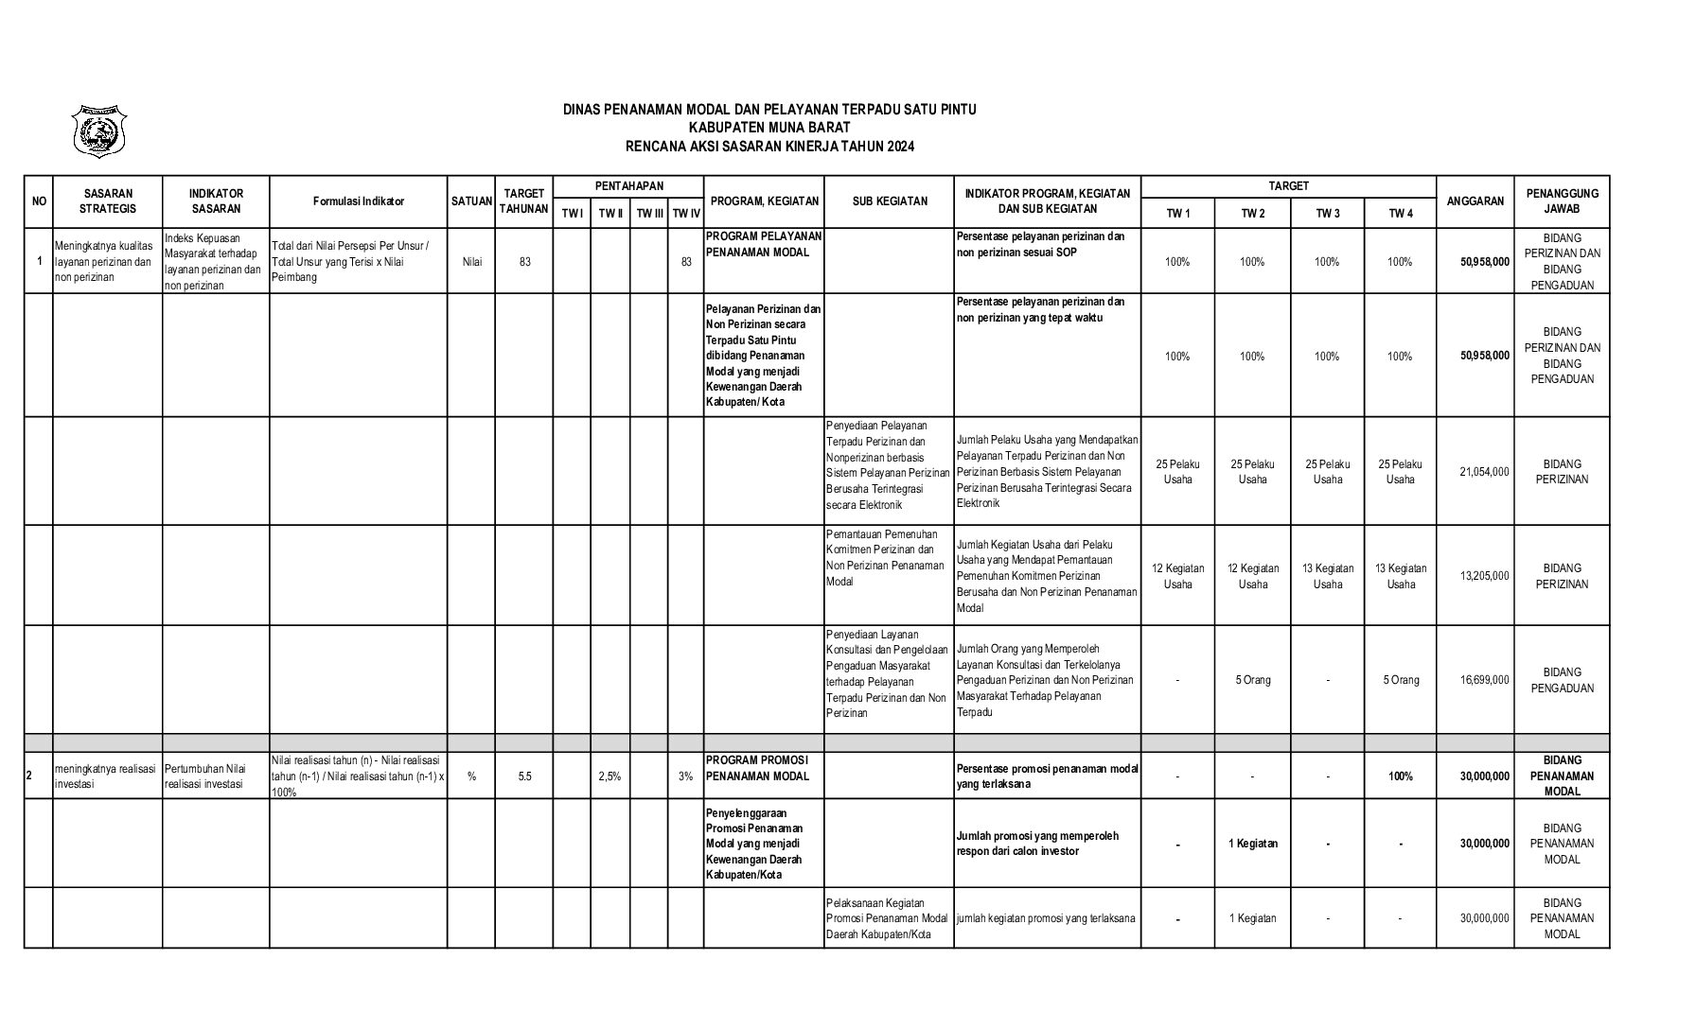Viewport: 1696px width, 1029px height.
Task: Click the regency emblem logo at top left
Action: pos(99,131)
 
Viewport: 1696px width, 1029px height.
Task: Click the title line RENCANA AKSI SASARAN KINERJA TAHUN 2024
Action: pos(769,147)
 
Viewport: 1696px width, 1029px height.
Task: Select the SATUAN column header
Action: pos(471,201)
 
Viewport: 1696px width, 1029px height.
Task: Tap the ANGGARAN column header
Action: pos(1475,201)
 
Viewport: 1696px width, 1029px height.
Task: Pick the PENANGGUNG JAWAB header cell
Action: pos(1562,201)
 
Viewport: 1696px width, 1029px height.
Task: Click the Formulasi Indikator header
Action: pos(358,201)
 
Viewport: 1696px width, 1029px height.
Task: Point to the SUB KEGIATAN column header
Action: pos(889,201)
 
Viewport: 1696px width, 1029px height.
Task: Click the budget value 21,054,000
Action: pos(1484,472)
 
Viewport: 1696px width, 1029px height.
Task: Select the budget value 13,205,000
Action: pos(1484,576)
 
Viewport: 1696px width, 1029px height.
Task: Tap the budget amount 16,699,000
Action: pos(1484,680)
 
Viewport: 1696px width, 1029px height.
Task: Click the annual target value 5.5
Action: pos(524,776)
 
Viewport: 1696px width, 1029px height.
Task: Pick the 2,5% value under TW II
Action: pos(609,776)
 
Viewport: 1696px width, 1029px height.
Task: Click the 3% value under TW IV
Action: pos(685,776)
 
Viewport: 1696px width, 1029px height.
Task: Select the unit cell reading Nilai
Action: pos(471,262)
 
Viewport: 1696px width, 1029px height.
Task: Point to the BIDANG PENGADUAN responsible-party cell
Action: pos(1562,680)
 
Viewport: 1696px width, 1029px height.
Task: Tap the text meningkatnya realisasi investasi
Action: pos(105,776)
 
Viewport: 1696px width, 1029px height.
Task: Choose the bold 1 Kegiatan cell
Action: pos(1252,844)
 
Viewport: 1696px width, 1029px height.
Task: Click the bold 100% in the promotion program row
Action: pos(1400,776)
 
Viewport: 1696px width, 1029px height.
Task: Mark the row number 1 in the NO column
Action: pos(39,262)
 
